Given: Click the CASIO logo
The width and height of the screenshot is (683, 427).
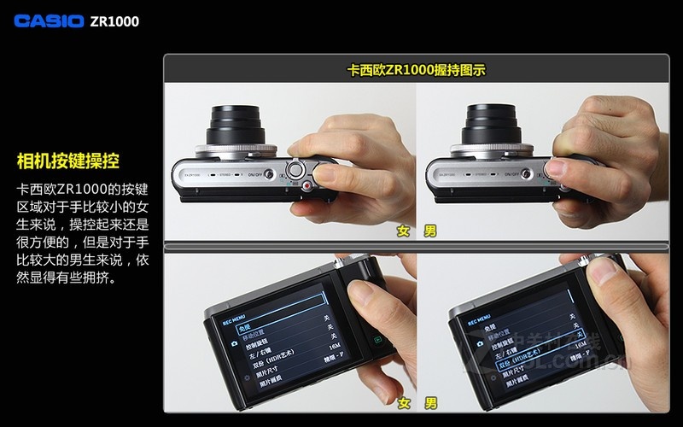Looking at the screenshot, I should point(49,20).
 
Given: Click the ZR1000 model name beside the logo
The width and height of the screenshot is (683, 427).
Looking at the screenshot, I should point(114,21).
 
